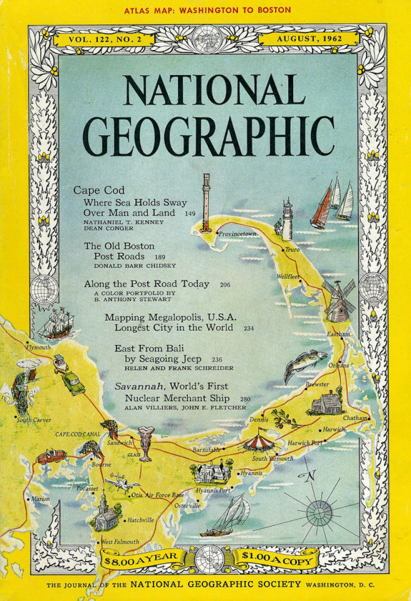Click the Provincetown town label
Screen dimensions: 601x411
238,234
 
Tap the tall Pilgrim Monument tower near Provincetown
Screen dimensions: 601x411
205,202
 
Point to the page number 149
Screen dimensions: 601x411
189,213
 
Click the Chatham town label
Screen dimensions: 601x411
354,418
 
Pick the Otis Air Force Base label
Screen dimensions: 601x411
157,495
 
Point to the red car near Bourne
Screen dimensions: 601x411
52,456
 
